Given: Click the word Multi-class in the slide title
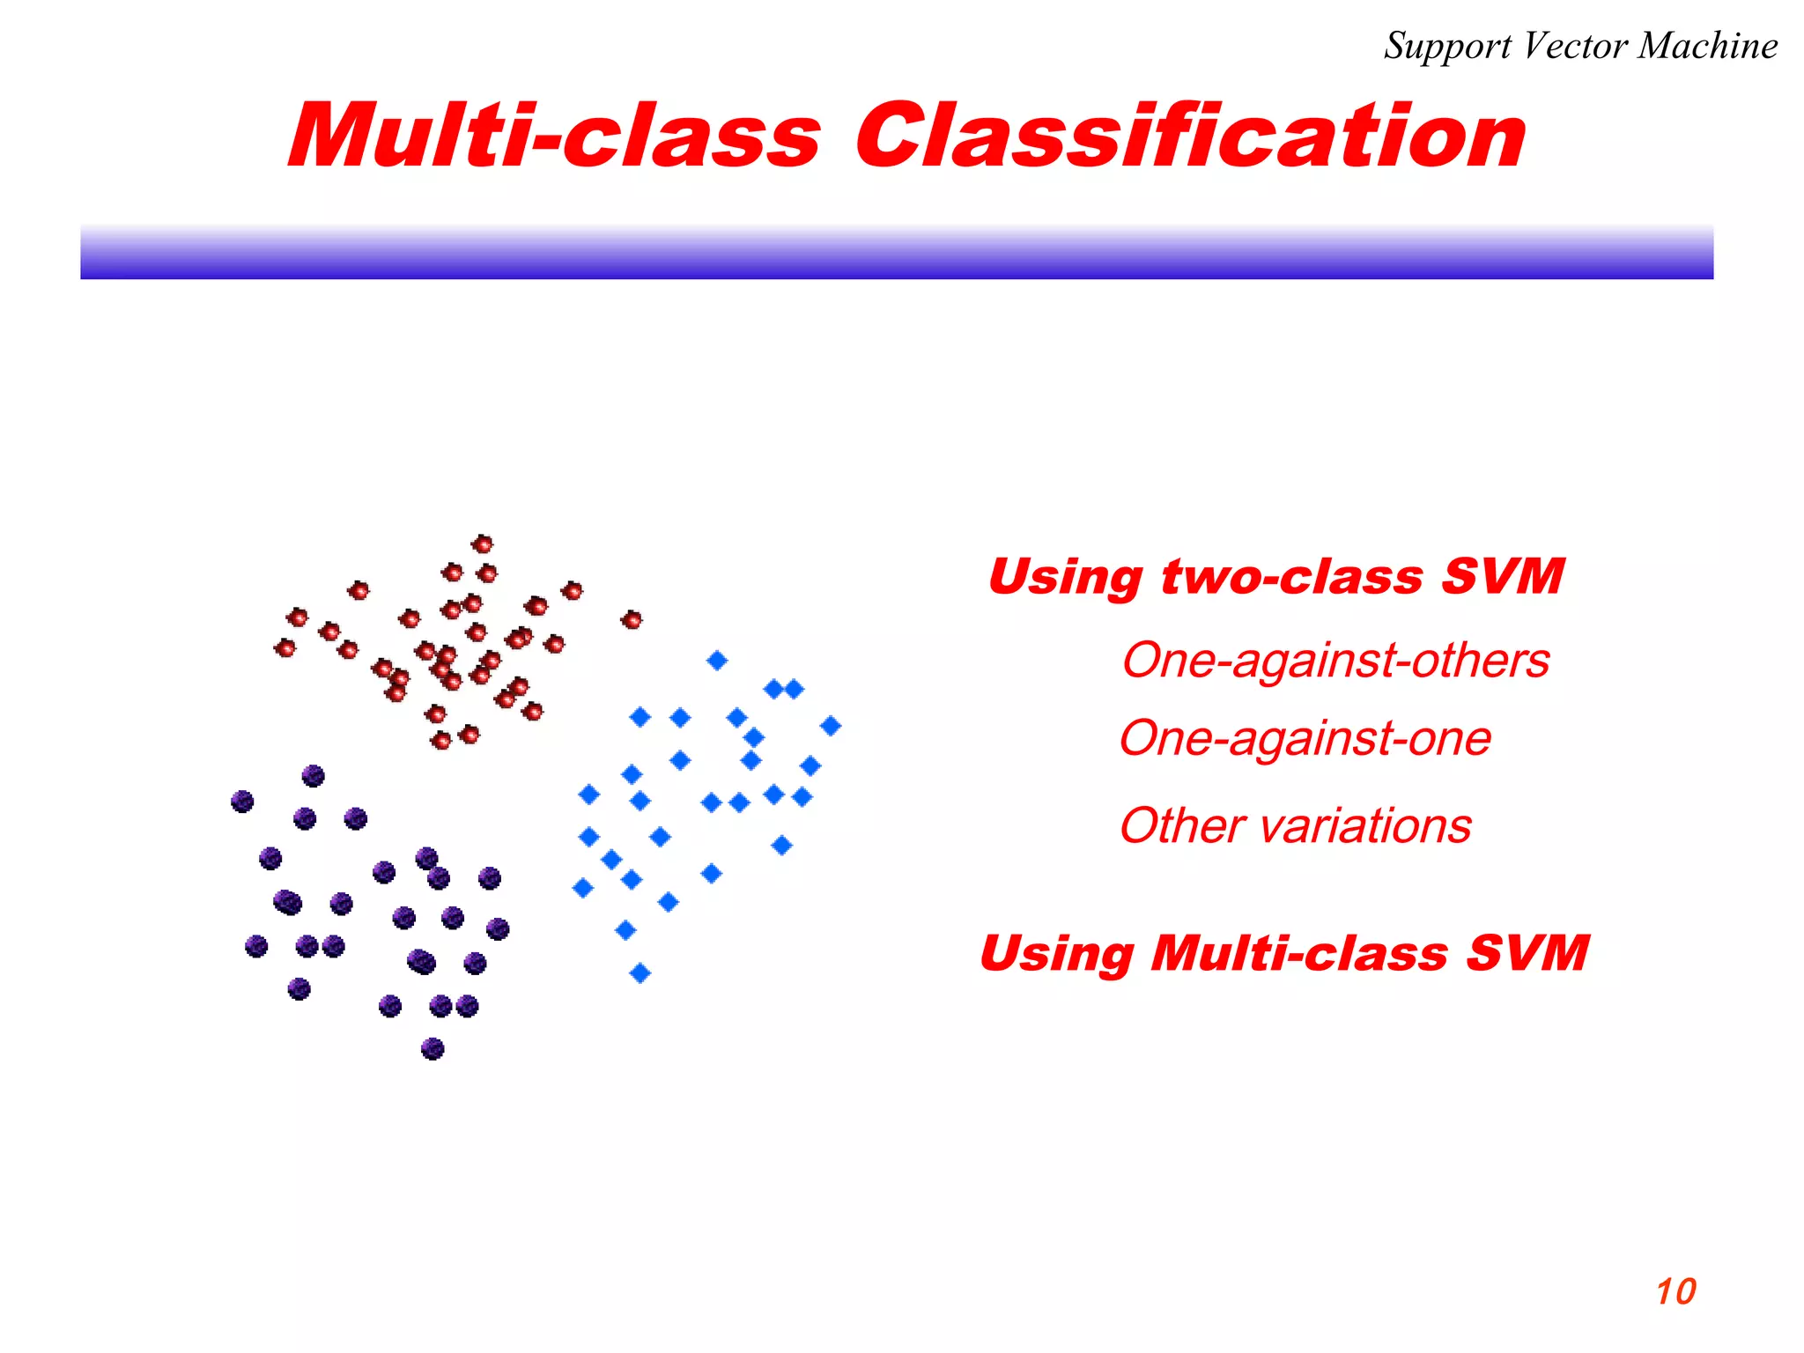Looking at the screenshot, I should (555, 137).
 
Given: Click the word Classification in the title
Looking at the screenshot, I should (1189, 137).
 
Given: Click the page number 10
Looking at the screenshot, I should (1675, 1292).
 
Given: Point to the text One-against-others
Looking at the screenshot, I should (1335, 661).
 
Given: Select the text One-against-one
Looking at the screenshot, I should (1305, 738).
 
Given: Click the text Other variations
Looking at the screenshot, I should (1295, 826).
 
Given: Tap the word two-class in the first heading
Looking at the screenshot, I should (1291, 577).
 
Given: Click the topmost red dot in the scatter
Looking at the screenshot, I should (482, 543).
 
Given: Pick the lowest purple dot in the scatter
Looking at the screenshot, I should (433, 1048).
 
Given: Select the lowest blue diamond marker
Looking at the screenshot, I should (640, 972).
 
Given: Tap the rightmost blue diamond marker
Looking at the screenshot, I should (831, 726).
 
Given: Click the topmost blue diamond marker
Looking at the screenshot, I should (717, 660).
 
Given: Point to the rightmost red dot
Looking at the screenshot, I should (632, 620).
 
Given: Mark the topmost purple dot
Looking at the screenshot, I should (313, 776).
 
